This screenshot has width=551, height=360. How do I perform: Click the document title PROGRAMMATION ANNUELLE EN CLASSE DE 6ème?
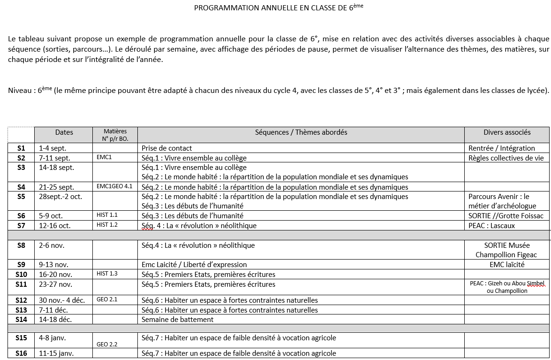tap(279, 8)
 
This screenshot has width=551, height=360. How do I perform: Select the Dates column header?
tap(64, 132)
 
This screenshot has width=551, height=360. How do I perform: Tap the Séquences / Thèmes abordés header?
tap(301, 132)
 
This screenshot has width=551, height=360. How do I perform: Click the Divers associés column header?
tap(507, 132)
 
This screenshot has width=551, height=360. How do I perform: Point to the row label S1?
tap(21, 148)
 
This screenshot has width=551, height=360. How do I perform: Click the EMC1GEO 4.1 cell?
tap(114, 186)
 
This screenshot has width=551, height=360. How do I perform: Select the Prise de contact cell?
tap(167, 148)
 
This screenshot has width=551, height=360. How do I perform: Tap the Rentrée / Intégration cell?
tap(501, 148)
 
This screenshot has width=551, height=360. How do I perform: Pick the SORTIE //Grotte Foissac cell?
tap(506, 216)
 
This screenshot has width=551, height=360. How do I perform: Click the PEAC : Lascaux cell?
tap(491, 226)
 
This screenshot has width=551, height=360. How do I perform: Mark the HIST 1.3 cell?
tap(107, 274)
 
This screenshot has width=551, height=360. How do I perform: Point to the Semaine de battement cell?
tap(177, 320)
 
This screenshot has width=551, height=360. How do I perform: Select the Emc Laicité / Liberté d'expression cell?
tap(194, 265)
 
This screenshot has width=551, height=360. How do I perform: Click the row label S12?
tap(21, 300)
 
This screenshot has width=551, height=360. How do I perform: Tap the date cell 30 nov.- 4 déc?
tap(62, 300)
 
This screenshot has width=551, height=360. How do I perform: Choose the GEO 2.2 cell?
tap(107, 344)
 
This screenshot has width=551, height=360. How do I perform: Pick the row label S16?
tap(21, 353)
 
